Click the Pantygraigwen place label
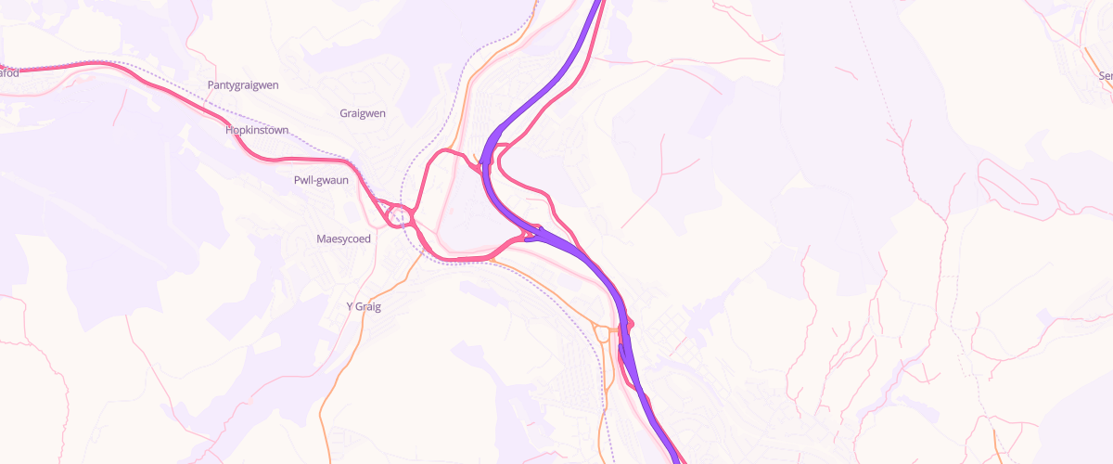tap(243, 85)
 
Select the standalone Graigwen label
tap(363, 113)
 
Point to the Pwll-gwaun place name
tap(321, 180)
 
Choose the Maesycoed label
tap(343, 238)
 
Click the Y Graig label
tap(364, 306)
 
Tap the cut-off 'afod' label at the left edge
tap(9, 71)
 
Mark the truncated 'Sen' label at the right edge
tap(1105, 77)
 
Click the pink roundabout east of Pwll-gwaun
tap(399, 215)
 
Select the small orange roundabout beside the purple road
tap(604, 331)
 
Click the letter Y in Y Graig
tap(350, 306)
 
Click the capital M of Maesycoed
tap(321, 238)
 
